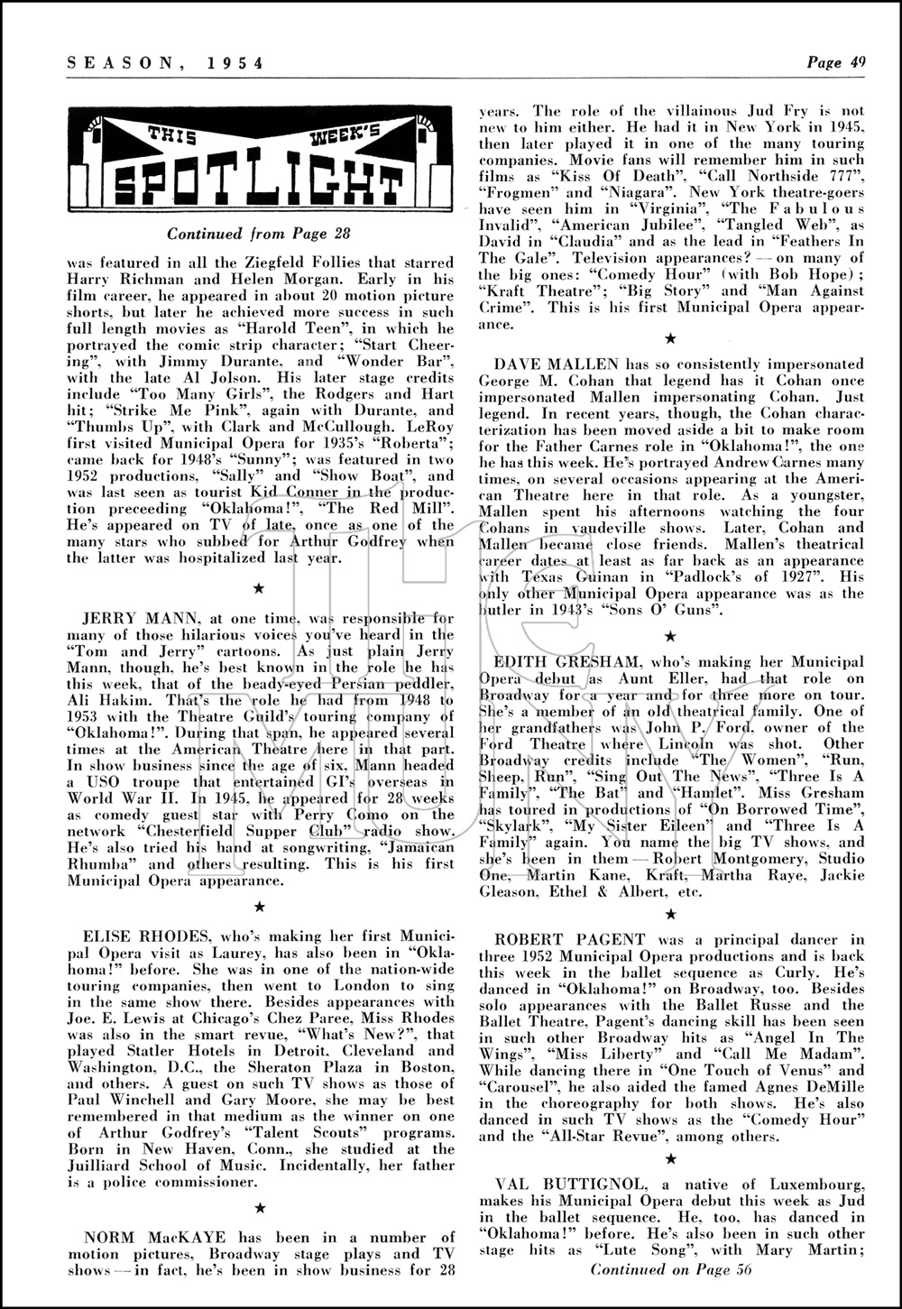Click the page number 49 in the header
[x=858, y=62]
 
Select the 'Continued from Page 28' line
[x=258, y=235]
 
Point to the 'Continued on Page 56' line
[x=670, y=1268]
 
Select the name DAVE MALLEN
[x=557, y=364]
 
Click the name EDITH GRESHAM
[x=565, y=662]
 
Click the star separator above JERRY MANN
[x=259, y=588]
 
